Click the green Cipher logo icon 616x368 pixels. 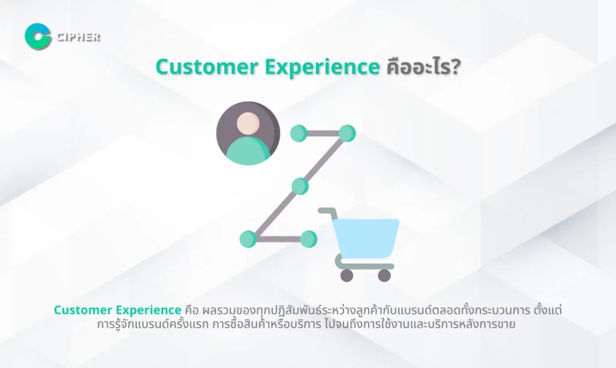click(x=38, y=37)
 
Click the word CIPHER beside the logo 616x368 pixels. click(x=79, y=37)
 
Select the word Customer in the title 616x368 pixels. click(x=207, y=67)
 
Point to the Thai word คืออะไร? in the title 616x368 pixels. click(x=423, y=67)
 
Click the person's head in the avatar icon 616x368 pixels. click(x=248, y=123)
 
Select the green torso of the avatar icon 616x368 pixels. click(x=248, y=151)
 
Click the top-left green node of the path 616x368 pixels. click(x=298, y=133)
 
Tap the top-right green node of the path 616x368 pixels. click(x=347, y=133)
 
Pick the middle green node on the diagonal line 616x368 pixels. click(x=300, y=186)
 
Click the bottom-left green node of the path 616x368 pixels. click(x=248, y=239)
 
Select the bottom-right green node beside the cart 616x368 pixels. click(x=309, y=239)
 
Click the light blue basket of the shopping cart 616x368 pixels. click(x=366, y=239)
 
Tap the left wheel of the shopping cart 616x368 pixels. click(x=346, y=275)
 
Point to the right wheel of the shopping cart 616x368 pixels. click(x=384, y=275)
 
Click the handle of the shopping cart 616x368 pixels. click(x=327, y=211)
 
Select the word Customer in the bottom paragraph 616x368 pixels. click(x=83, y=310)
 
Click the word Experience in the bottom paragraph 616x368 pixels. click(x=149, y=311)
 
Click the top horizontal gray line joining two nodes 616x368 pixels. click(x=323, y=133)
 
